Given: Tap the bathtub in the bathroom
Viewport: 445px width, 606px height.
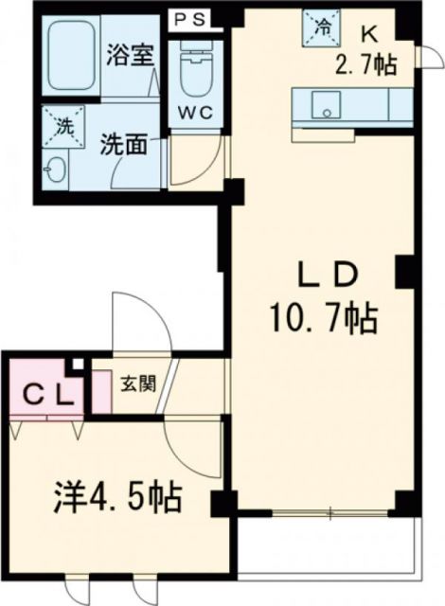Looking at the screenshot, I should [x=73, y=56].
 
